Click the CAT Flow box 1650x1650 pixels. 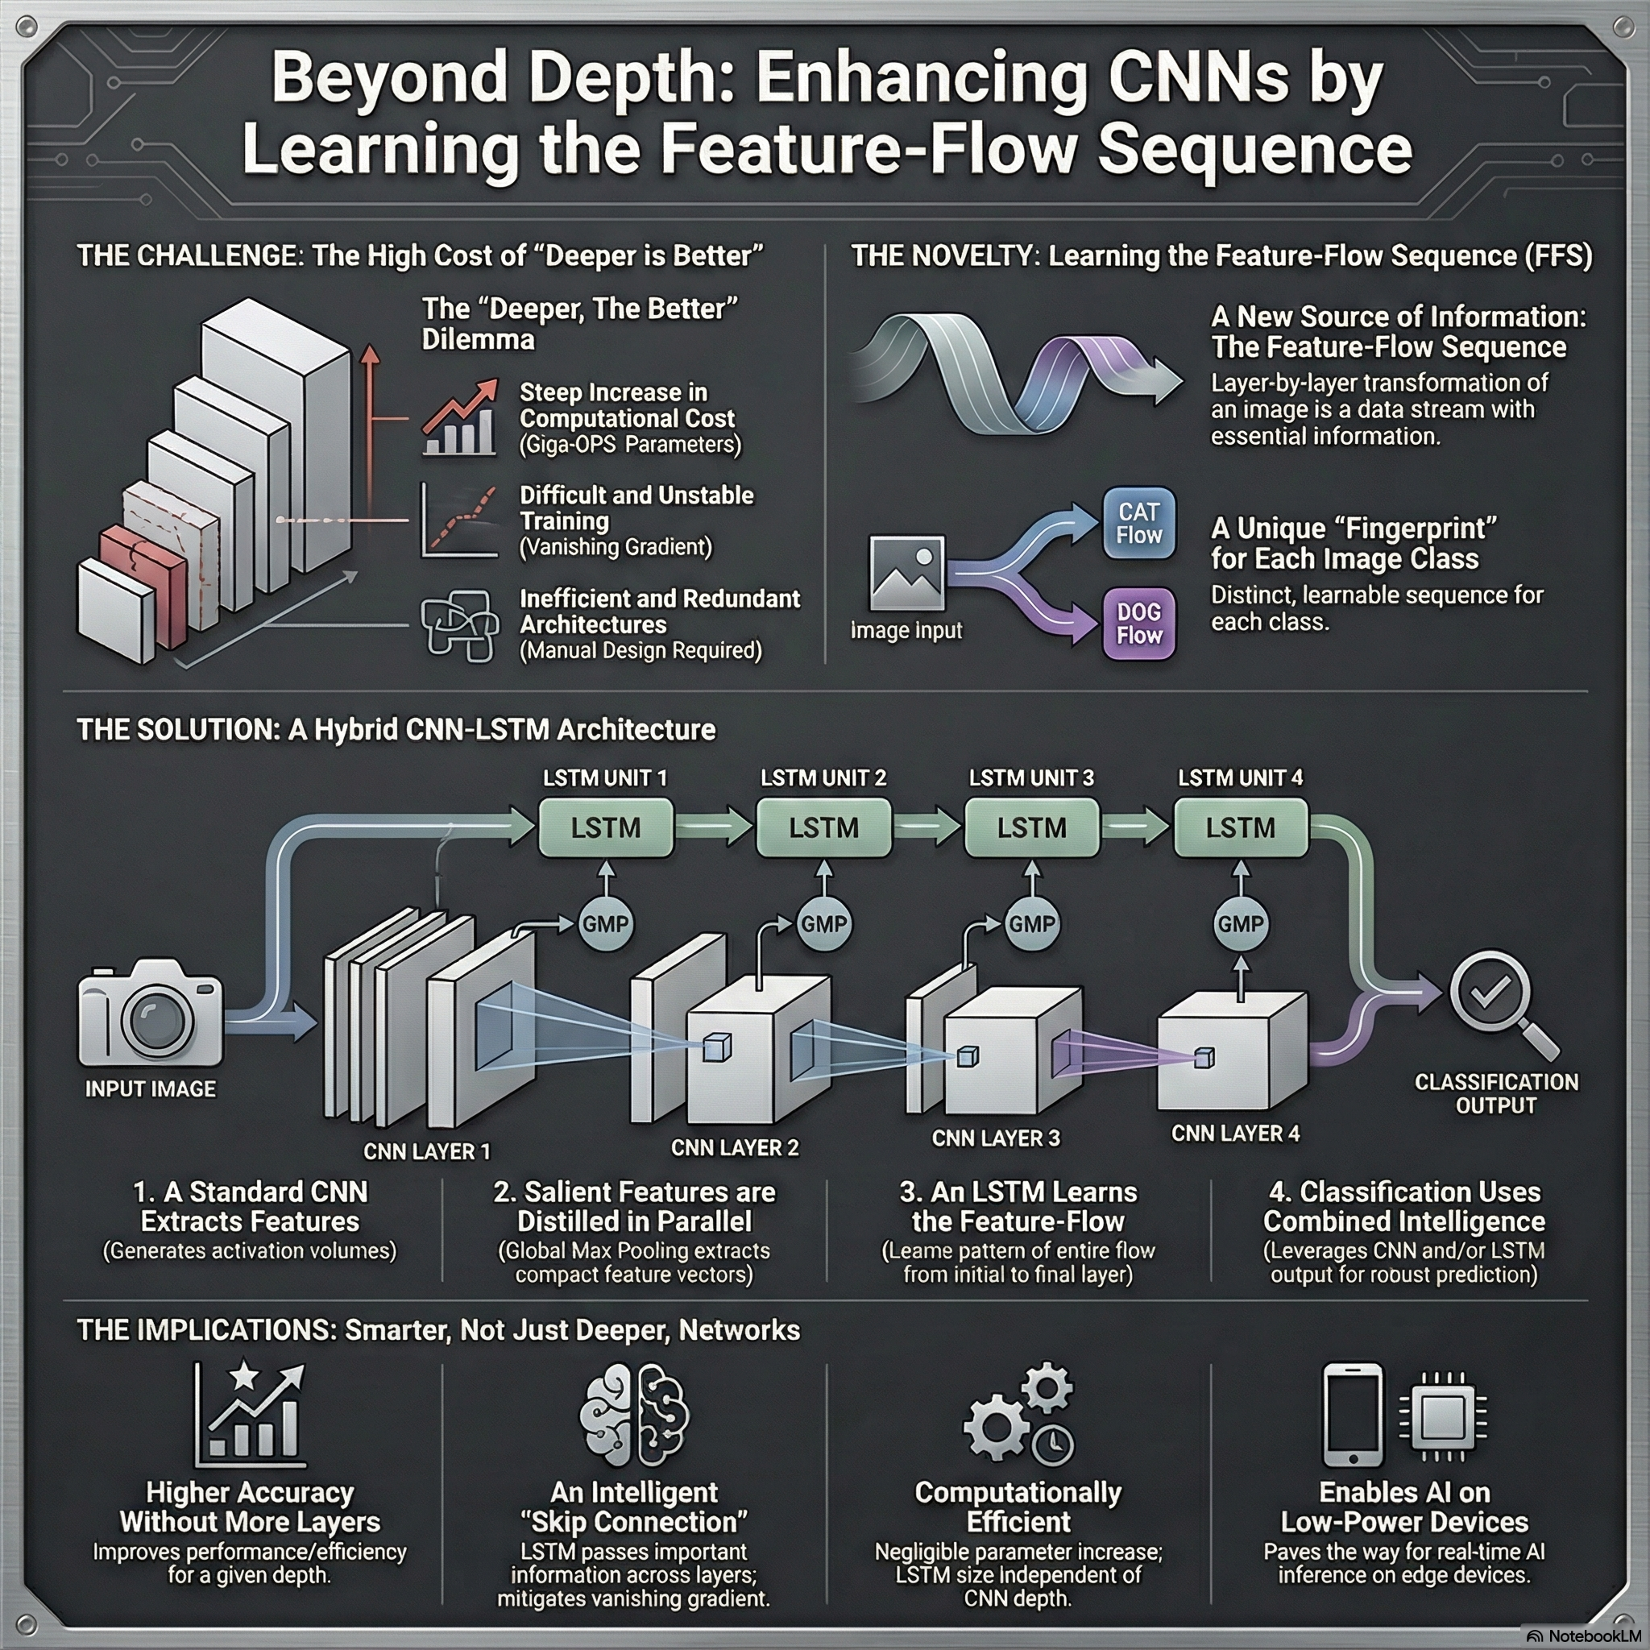[x=1139, y=524]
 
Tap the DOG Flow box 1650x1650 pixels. [x=1139, y=624]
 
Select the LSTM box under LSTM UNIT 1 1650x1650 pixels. [x=606, y=827]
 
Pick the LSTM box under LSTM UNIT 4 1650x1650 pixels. [x=1240, y=827]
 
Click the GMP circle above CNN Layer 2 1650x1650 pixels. [x=824, y=923]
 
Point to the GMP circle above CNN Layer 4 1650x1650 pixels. [x=1241, y=923]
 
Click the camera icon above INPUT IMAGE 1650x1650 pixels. [x=151, y=1012]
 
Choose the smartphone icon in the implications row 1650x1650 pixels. [x=1353, y=1414]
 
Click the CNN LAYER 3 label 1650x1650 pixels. [x=996, y=1138]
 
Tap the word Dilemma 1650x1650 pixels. [x=479, y=339]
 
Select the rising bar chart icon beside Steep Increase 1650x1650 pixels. [x=460, y=417]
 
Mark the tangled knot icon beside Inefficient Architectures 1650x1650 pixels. [x=460, y=625]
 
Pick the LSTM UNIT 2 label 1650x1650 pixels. [x=823, y=778]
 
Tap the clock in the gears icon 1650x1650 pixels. [x=1052, y=1442]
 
